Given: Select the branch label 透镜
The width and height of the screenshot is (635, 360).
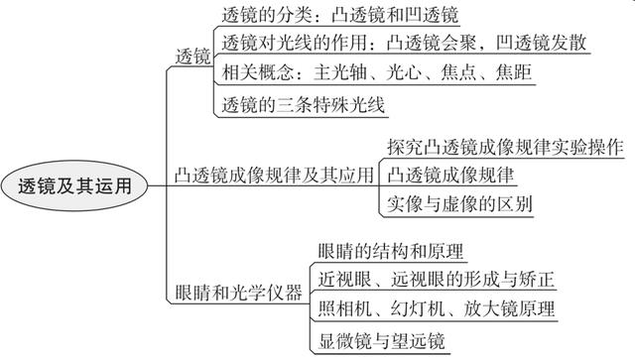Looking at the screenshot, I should pyautogui.click(x=192, y=57).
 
